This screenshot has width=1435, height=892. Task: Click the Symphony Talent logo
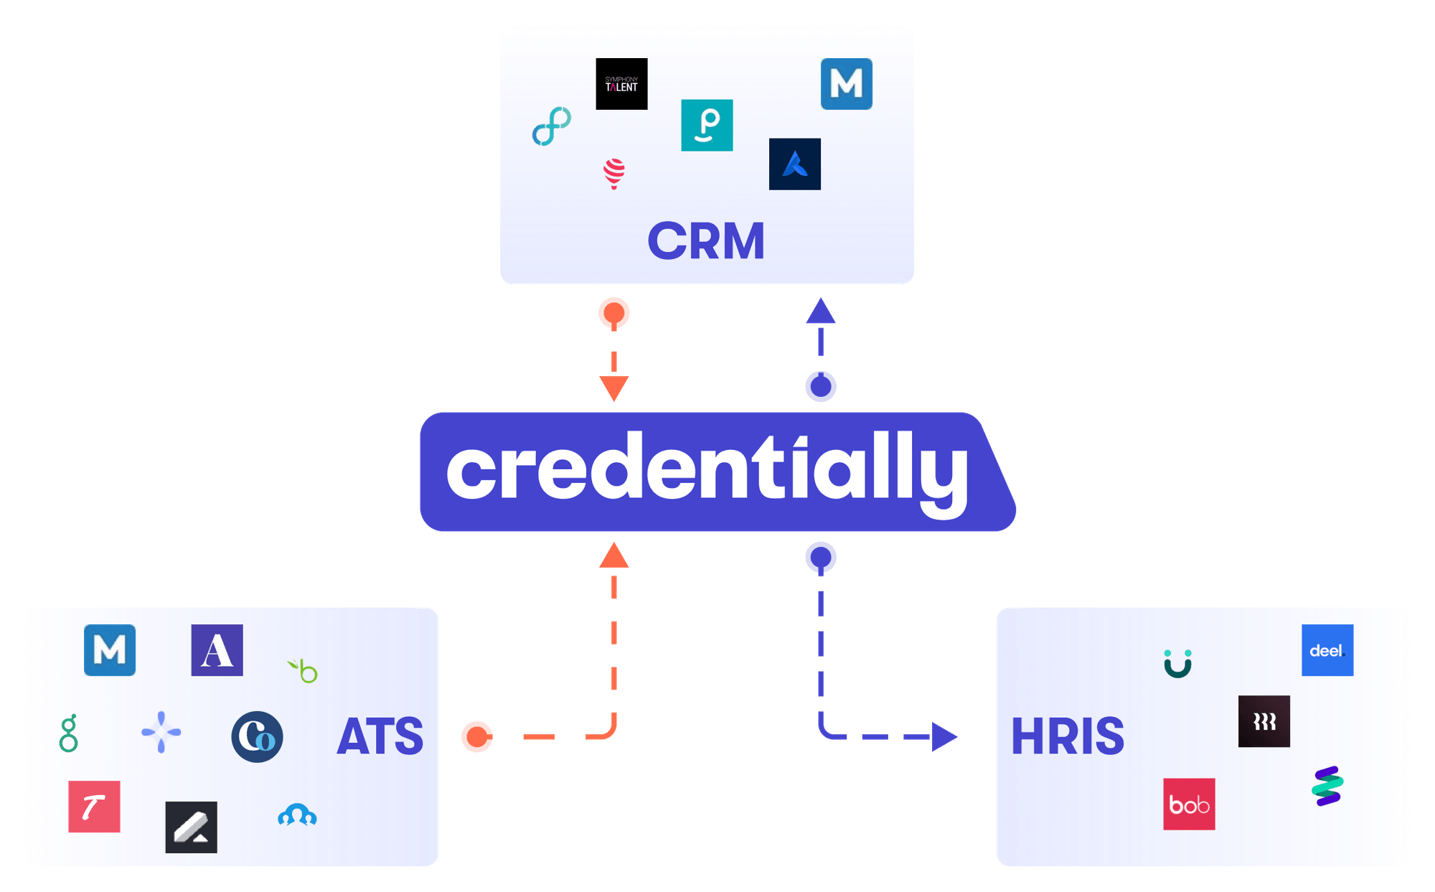click(621, 84)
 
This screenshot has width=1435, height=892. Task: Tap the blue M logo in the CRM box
click(847, 84)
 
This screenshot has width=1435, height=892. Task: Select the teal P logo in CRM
click(707, 125)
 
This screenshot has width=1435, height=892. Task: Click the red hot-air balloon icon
click(614, 173)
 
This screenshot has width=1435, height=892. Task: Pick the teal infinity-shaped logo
click(552, 126)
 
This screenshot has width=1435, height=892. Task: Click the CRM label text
click(706, 241)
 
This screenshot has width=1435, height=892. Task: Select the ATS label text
click(380, 736)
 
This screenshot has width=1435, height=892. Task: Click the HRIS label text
click(1068, 736)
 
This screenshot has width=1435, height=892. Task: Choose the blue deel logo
click(1327, 650)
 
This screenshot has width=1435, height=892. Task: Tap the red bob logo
click(1189, 804)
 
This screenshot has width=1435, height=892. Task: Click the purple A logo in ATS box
click(217, 650)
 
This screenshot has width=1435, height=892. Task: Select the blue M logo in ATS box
click(110, 650)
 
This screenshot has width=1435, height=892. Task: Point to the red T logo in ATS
click(94, 807)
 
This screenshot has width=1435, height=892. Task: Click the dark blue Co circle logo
click(257, 736)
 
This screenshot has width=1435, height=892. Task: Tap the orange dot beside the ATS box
click(477, 737)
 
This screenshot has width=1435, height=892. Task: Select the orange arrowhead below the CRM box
click(614, 388)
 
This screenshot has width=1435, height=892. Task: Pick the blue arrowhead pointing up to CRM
click(821, 312)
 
